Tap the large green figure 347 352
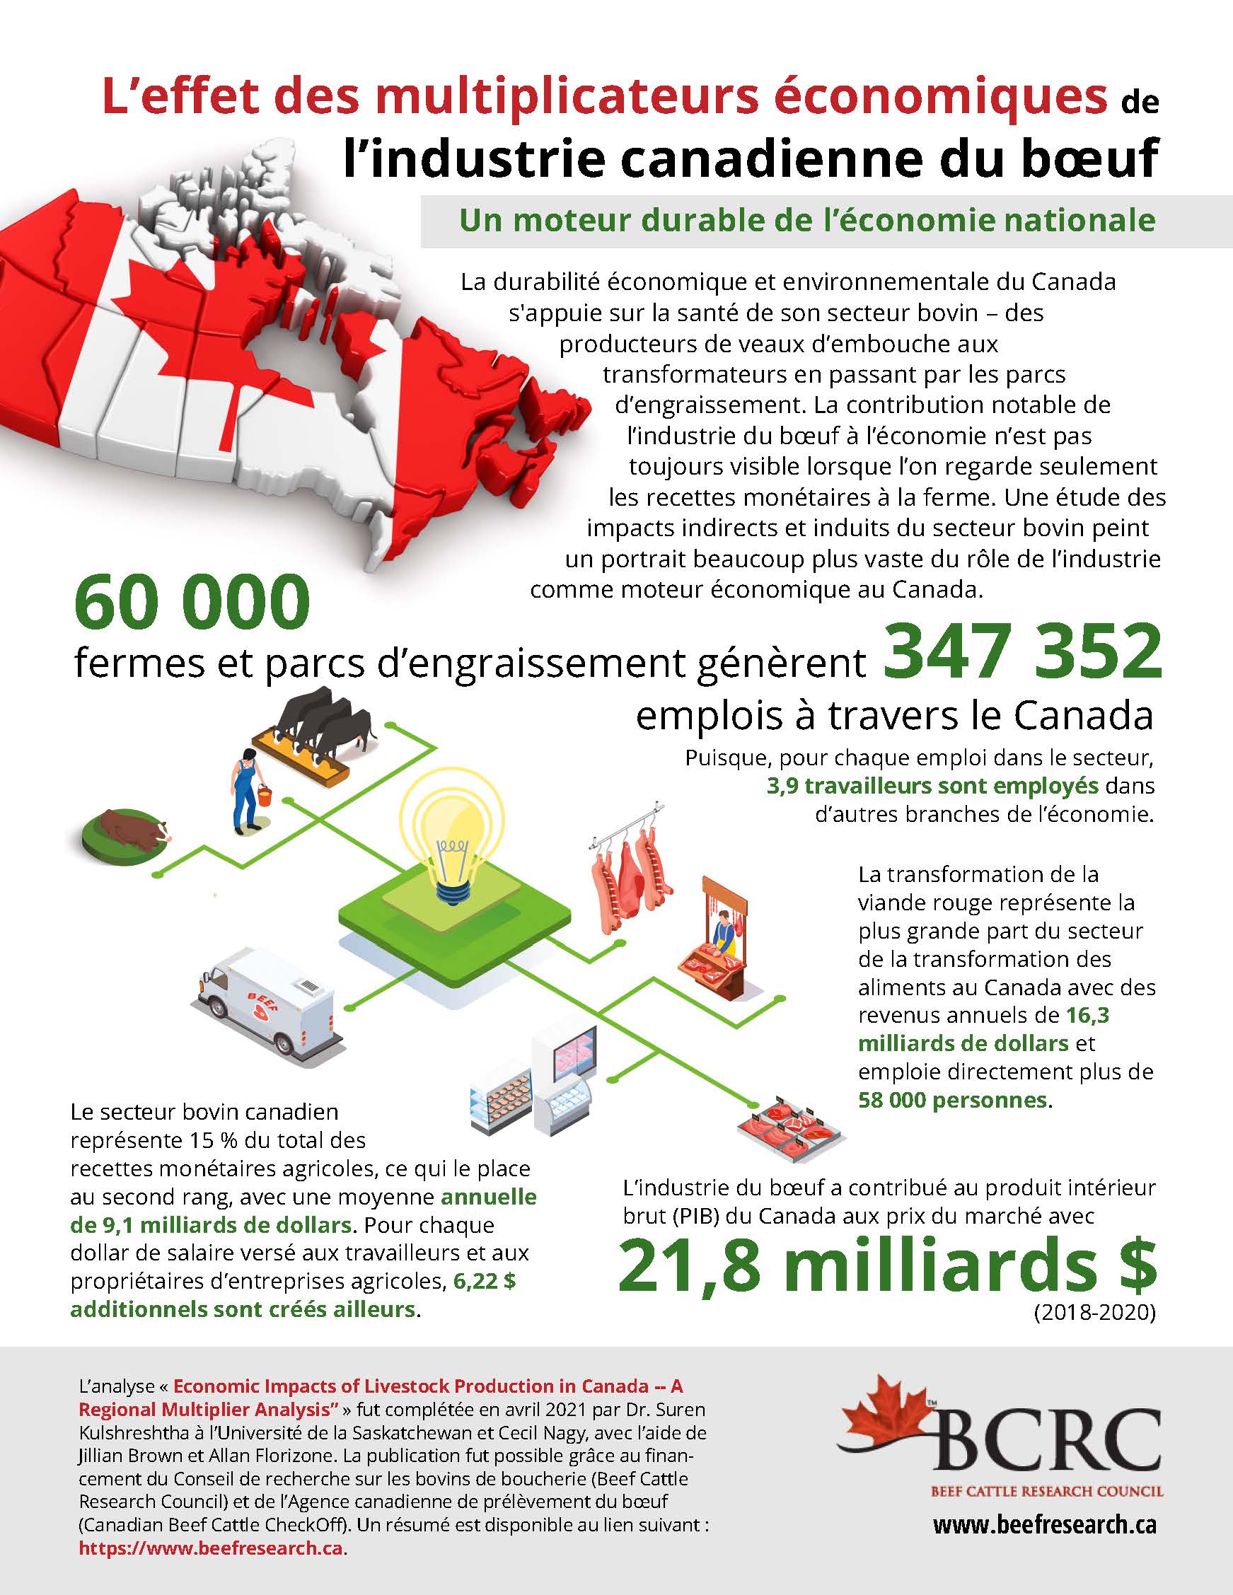tap(1022, 651)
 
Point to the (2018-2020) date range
tap(1094, 1313)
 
